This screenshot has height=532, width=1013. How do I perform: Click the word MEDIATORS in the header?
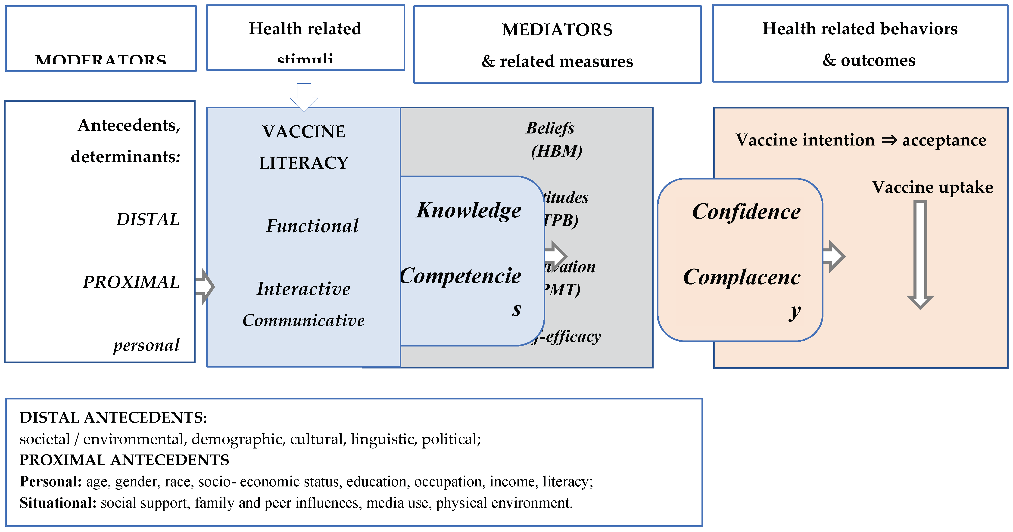(557, 30)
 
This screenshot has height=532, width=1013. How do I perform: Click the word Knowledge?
(469, 210)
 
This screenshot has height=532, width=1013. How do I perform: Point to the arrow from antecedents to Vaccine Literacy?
(205, 287)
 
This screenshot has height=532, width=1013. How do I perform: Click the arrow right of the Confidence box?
(834, 256)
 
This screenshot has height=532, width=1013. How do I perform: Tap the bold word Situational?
(58, 503)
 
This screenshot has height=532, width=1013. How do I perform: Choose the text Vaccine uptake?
(932, 187)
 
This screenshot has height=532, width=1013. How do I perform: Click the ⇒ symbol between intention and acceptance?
(889, 140)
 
